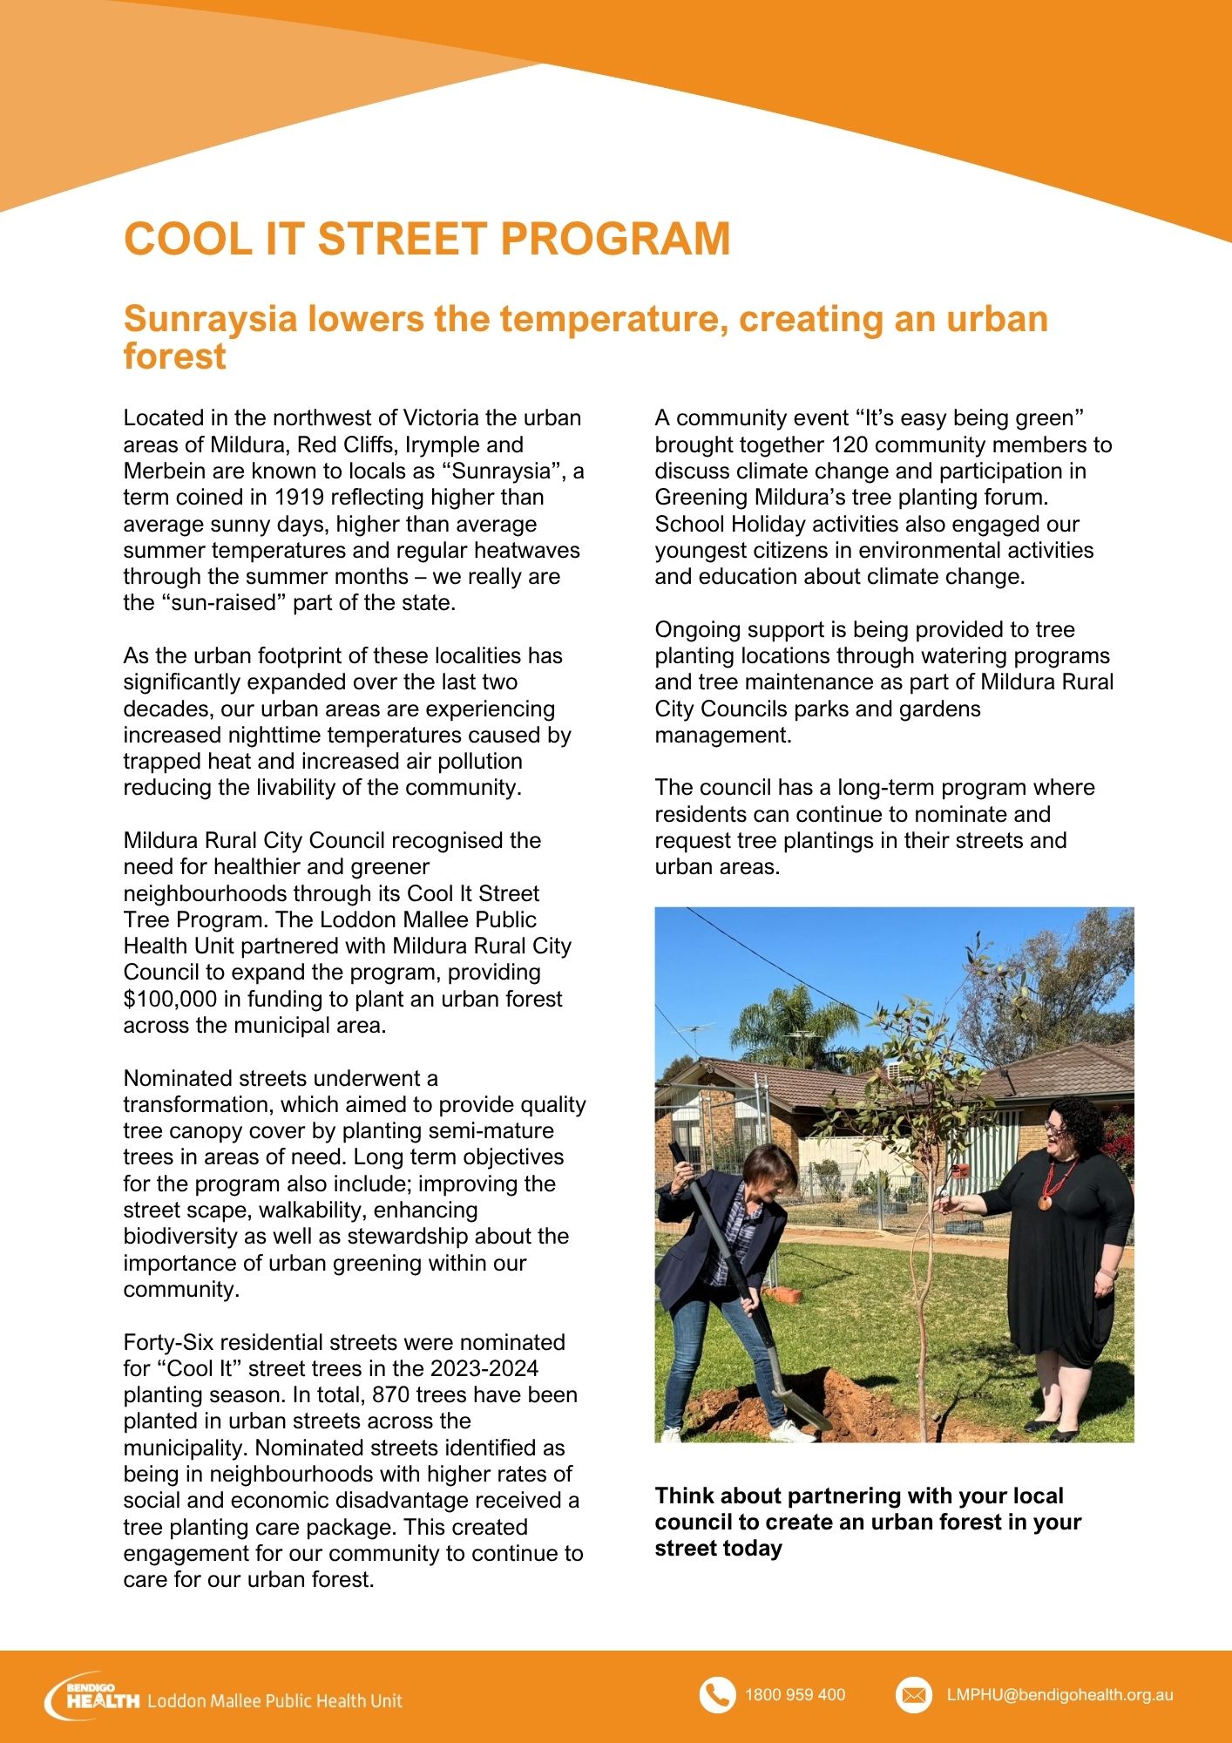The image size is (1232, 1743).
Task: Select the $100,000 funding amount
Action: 170,999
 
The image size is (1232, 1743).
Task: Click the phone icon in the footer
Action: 717,1695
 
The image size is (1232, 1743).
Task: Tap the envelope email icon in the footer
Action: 913,1695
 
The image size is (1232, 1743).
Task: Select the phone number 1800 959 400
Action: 795,1695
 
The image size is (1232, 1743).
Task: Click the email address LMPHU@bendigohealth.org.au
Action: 1059,1695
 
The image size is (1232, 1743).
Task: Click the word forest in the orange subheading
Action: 174,357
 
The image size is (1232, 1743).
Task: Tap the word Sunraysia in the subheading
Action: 210,319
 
